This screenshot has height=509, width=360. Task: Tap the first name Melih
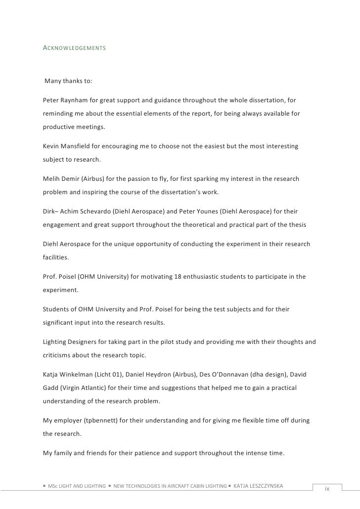[52, 178]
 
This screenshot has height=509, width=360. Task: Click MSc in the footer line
[53, 487]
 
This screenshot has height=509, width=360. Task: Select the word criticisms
[59, 357]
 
